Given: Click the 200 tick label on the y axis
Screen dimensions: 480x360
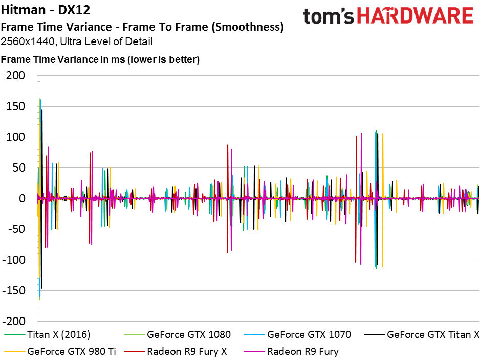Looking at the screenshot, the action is (x=15, y=75).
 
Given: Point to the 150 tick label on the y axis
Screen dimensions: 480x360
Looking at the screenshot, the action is (x=15, y=107).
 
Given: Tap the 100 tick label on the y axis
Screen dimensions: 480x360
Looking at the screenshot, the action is (x=15, y=137).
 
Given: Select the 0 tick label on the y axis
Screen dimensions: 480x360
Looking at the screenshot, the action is (x=21, y=198).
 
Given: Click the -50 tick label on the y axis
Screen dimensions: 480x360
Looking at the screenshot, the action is (x=14, y=229).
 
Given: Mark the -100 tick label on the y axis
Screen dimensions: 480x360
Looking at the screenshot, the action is (x=13, y=260).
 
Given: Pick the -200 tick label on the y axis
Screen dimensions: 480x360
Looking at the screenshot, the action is (x=13, y=321).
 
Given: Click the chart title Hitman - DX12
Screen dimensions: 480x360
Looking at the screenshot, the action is (x=46, y=10).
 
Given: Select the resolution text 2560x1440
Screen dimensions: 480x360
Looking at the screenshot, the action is (x=28, y=41).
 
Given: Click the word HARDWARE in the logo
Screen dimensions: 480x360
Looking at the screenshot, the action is (x=415, y=16).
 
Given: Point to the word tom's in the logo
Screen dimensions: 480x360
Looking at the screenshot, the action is (x=328, y=16).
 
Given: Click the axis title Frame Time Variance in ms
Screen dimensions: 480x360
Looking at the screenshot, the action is (x=63, y=59).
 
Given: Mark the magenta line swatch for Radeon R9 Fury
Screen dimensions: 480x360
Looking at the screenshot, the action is (x=254, y=351).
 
